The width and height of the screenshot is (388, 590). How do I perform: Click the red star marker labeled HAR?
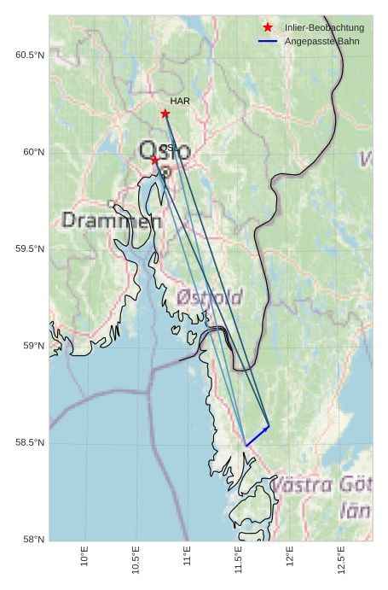click(165, 114)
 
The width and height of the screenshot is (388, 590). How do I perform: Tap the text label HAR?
click(179, 101)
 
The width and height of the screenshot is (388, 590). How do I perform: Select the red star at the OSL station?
click(155, 160)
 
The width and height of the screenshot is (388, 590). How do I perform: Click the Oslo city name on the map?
click(165, 152)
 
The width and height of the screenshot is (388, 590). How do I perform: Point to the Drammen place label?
click(112, 220)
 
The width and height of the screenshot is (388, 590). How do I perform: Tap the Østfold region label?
click(210, 297)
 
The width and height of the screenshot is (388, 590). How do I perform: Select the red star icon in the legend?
click(268, 27)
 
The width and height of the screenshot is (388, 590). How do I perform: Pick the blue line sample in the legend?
click(268, 41)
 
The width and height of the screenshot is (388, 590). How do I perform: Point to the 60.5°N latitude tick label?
click(29, 55)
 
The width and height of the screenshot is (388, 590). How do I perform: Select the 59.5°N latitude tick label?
click(29, 249)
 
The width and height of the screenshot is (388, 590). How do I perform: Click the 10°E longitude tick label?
click(84, 556)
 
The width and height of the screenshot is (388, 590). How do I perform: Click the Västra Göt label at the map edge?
click(321, 486)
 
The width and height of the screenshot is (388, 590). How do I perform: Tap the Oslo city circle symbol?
click(165, 172)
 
